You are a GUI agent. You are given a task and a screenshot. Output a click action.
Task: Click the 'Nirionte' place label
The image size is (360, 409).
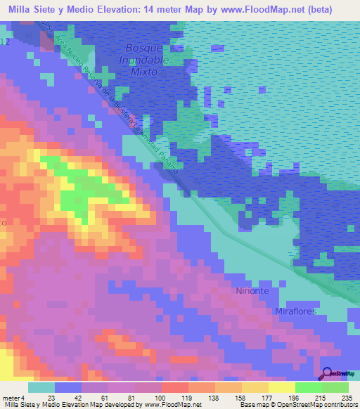click(254, 290)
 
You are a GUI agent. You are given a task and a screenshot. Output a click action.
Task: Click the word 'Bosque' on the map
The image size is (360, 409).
click(143, 48)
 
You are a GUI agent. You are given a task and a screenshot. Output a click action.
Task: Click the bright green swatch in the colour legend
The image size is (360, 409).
click(309, 387)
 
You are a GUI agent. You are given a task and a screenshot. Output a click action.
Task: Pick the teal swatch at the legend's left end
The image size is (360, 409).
click(41, 387)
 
